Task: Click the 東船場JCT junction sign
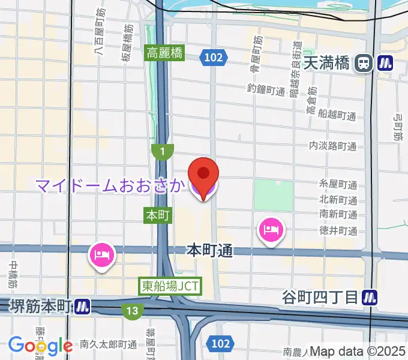(170, 286)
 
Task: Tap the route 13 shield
(131, 310)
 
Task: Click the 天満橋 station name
(326, 62)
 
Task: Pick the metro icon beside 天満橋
(384, 62)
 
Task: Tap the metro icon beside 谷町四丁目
(372, 296)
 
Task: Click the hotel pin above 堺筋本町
(101, 254)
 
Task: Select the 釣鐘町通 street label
(266, 90)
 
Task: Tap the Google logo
(40, 346)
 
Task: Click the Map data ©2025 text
(358, 352)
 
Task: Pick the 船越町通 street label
(338, 115)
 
